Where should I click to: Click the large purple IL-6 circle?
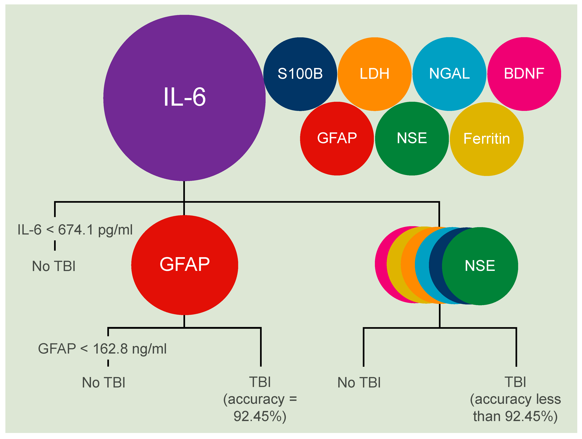(184, 98)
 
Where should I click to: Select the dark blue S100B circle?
(300, 74)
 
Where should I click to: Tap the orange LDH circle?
(374, 74)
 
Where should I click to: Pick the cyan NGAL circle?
(449, 74)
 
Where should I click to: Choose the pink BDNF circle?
(524, 74)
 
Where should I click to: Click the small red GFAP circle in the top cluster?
(337, 138)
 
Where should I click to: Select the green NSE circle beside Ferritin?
(412, 138)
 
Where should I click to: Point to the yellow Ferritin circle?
(486, 139)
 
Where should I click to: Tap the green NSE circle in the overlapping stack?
(480, 266)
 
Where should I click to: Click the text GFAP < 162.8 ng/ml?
(102, 349)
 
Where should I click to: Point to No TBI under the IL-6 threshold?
(54, 266)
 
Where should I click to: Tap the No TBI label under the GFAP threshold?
(103, 383)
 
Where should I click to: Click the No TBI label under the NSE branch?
(359, 383)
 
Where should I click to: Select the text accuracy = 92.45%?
(260, 408)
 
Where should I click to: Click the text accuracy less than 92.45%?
(515, 408)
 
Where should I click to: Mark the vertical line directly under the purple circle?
(184, 191)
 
